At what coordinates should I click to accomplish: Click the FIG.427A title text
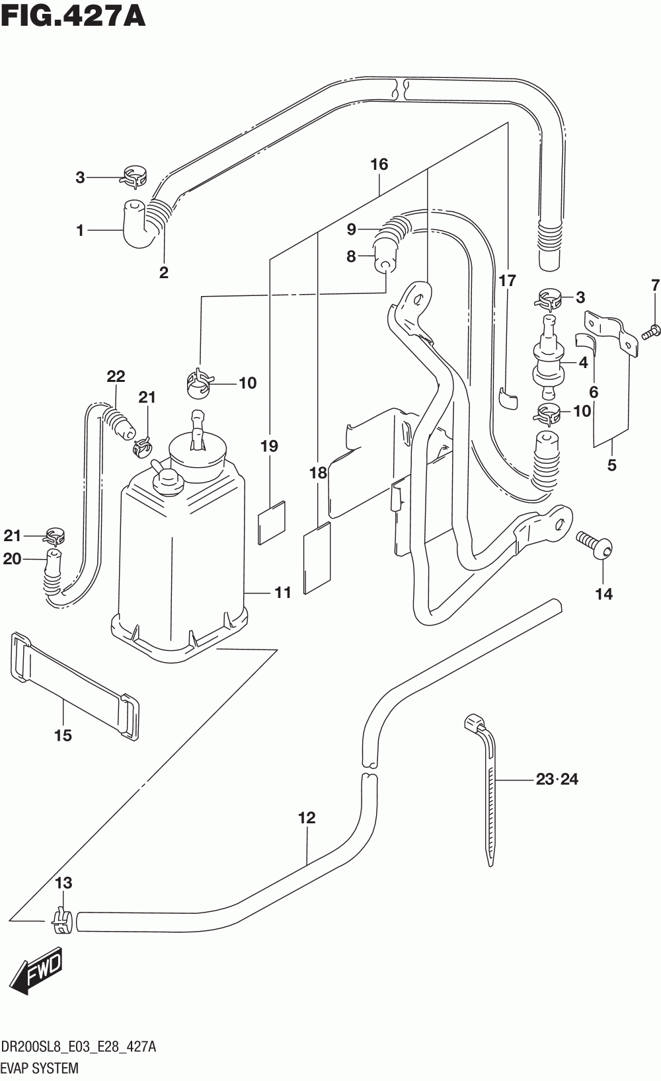73,17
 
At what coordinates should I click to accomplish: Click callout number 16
379,165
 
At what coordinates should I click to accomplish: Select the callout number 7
655,285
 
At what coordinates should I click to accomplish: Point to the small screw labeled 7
651,331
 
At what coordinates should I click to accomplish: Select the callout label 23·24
557,780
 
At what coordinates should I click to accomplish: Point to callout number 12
307,818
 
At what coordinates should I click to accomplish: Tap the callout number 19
270,446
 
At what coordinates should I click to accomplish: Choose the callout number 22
116,376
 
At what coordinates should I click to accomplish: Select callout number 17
508,280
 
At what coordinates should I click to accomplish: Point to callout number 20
12,559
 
